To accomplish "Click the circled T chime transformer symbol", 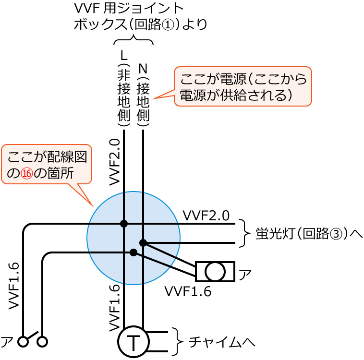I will tap(133, 342).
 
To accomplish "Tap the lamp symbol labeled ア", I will tap(215, 272).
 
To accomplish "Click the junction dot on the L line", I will tap(124, 224).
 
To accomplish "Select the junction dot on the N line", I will tap(143, 243).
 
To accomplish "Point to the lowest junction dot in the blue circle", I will tap(133, 252).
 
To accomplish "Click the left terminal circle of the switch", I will tap(23, 342).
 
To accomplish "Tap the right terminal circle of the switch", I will tap(42, 342).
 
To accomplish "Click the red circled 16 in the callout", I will tap(27, 174).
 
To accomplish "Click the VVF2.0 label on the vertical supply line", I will tap(114, 161).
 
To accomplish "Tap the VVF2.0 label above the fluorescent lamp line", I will tap(206, 215).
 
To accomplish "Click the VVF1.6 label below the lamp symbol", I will tap(188, 291).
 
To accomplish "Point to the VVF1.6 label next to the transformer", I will tap(114, 308).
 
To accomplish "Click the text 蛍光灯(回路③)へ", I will tap(309, 234).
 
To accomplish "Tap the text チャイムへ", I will tap(221, 342).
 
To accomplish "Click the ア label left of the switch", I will tap(7, 342).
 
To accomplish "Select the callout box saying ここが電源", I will tap(243, 86).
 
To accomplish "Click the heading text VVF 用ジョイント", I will tap(129, 9).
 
